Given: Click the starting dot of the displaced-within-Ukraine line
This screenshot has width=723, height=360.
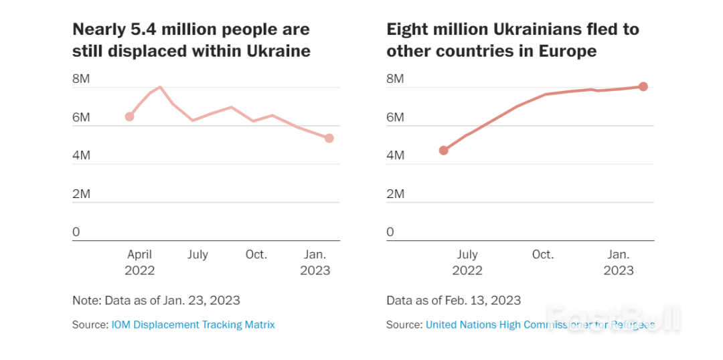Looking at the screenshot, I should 130,116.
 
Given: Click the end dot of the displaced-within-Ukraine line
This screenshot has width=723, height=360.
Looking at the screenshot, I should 329,138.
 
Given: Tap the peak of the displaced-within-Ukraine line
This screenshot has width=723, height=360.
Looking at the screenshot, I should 160,87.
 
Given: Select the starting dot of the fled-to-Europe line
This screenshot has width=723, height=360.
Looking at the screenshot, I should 443,150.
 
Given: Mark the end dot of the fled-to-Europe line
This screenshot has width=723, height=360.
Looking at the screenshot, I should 643,86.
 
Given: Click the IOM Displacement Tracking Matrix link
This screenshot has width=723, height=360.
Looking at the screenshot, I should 193,325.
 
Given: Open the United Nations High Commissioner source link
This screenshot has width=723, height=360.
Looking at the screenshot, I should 540,325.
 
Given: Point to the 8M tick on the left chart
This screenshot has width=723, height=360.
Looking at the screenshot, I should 81,79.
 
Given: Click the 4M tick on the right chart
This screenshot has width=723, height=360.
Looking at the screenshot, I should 395,155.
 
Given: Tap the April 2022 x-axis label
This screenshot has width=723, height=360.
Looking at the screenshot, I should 140,262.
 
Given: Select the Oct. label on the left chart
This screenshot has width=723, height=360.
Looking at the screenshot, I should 256,254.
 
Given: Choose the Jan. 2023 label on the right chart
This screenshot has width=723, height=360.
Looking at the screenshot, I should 619,262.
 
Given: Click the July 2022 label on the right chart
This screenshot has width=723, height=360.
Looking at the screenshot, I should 467,262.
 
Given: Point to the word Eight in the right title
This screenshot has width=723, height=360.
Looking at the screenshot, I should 406,30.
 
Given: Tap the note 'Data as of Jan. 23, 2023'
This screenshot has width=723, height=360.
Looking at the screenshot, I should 156,300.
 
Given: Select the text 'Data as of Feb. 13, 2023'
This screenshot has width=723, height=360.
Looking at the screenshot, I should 453,300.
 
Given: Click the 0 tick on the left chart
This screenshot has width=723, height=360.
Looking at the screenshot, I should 76,232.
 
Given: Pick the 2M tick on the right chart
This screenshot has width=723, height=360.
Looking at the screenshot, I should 395,194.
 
